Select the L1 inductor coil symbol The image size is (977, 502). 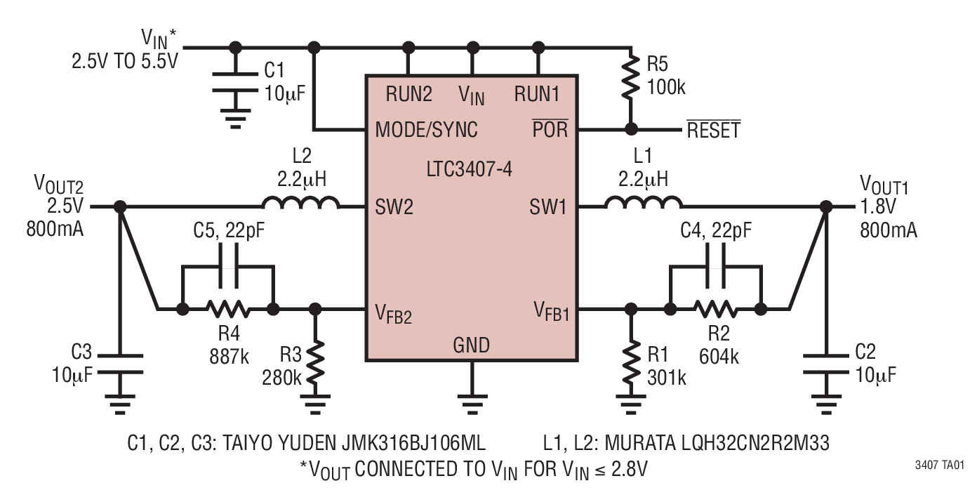pyautogui.click(x=643, y=204)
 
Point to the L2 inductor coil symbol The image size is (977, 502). pyautogui.click(x=300, y=204)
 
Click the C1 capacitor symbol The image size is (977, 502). pyautogui.click(x=236, y=81)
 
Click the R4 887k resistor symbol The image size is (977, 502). pyautogui.click(x=227, y=308)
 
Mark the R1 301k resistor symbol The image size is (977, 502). pyautogui.click(x=630, y=368)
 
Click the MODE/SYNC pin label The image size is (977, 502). pyautogui.click(x=426, y=130)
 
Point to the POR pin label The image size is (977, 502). pyautogui.click(x=551, y=130)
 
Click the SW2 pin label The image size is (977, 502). pyautogui.click(x=393, y=207)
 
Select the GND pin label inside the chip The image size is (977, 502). pyautogui.click(x=472, y=345)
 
